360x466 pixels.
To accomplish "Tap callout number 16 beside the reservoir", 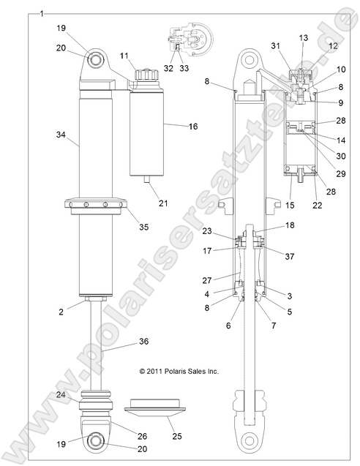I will click(x=193, y=127).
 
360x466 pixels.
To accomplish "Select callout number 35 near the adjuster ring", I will click(x=143, y=227).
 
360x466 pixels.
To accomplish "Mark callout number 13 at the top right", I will click(x=304, y=36).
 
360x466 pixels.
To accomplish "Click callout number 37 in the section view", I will click(x=290, y=256).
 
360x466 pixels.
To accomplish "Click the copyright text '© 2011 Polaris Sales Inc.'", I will click(x=179, y=371).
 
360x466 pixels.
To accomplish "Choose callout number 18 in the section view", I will click(x=290, y=225).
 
